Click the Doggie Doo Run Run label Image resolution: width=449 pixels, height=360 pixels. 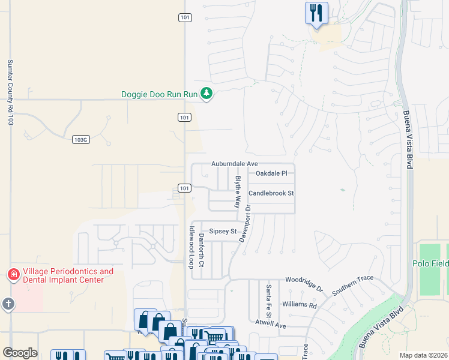[159, 94]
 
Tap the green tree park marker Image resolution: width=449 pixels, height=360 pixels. [206, 94]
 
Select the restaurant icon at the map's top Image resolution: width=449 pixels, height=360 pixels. [316, 13]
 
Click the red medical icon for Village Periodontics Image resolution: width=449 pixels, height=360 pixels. [12, 275]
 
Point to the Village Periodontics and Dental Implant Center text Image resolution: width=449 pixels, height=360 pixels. [67, 275]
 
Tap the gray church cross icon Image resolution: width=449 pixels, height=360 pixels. [8, 304]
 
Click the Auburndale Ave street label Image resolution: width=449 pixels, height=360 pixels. [234, 164]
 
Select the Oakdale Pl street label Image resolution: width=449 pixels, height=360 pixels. [271, 173]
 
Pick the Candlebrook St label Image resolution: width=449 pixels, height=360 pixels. [271, 193]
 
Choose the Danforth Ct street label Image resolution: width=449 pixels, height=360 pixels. [202, 250]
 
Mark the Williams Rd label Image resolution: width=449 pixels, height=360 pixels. [299, 305]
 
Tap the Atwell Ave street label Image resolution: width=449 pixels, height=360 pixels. [271, 325]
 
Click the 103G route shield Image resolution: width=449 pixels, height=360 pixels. [80, 139]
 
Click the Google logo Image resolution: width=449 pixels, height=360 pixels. [20, 352]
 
